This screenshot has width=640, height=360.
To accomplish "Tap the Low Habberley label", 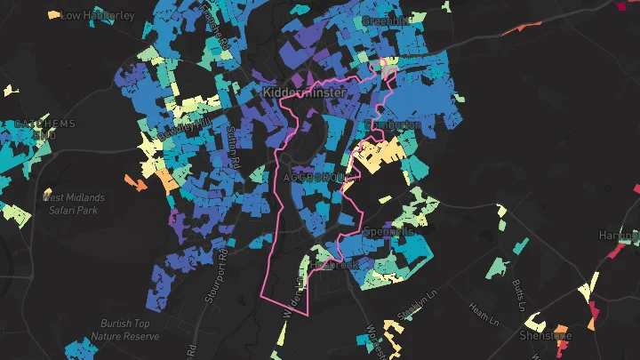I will [x=98, y=15].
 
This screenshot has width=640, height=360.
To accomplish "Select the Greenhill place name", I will [x=386, y=20].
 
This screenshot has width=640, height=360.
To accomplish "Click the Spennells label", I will [x=390, y=231].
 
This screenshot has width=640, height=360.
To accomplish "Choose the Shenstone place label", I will [x=545, y=336].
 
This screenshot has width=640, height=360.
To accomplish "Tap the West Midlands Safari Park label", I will [x=73, y=203].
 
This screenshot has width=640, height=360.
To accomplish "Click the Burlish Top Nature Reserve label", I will [x=124, y=331].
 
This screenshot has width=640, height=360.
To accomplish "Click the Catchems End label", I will [x=39, y=129].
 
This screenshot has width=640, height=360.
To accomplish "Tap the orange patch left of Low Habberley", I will [x=53, y=14].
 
